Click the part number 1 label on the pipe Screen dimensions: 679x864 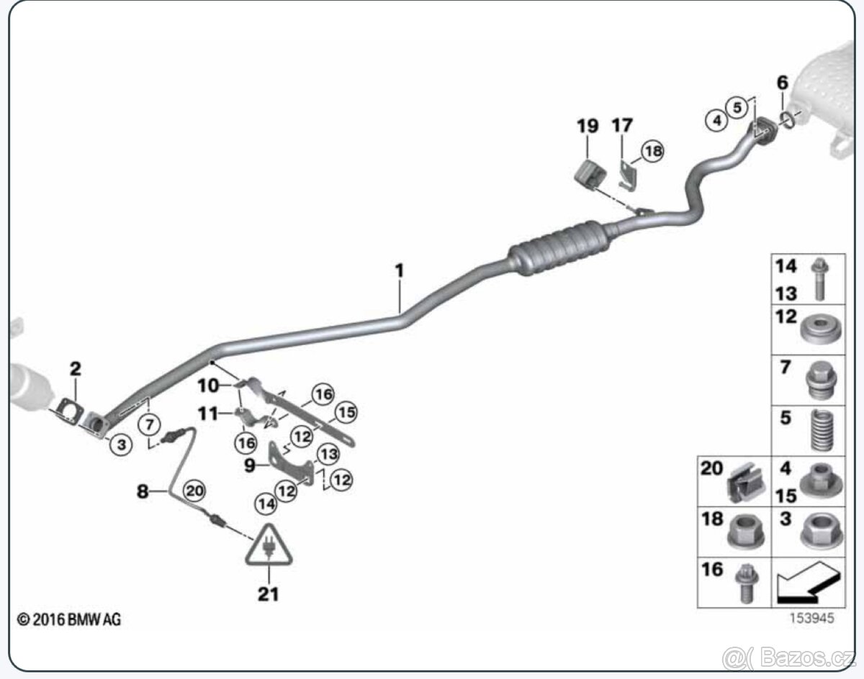399,271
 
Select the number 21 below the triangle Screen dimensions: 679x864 268,593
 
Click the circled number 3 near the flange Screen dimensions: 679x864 121,444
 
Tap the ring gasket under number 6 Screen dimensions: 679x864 788,119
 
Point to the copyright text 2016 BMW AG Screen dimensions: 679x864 69,619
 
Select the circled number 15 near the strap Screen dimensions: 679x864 346,413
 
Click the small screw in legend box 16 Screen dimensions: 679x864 743,583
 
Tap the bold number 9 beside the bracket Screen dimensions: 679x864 249,465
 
